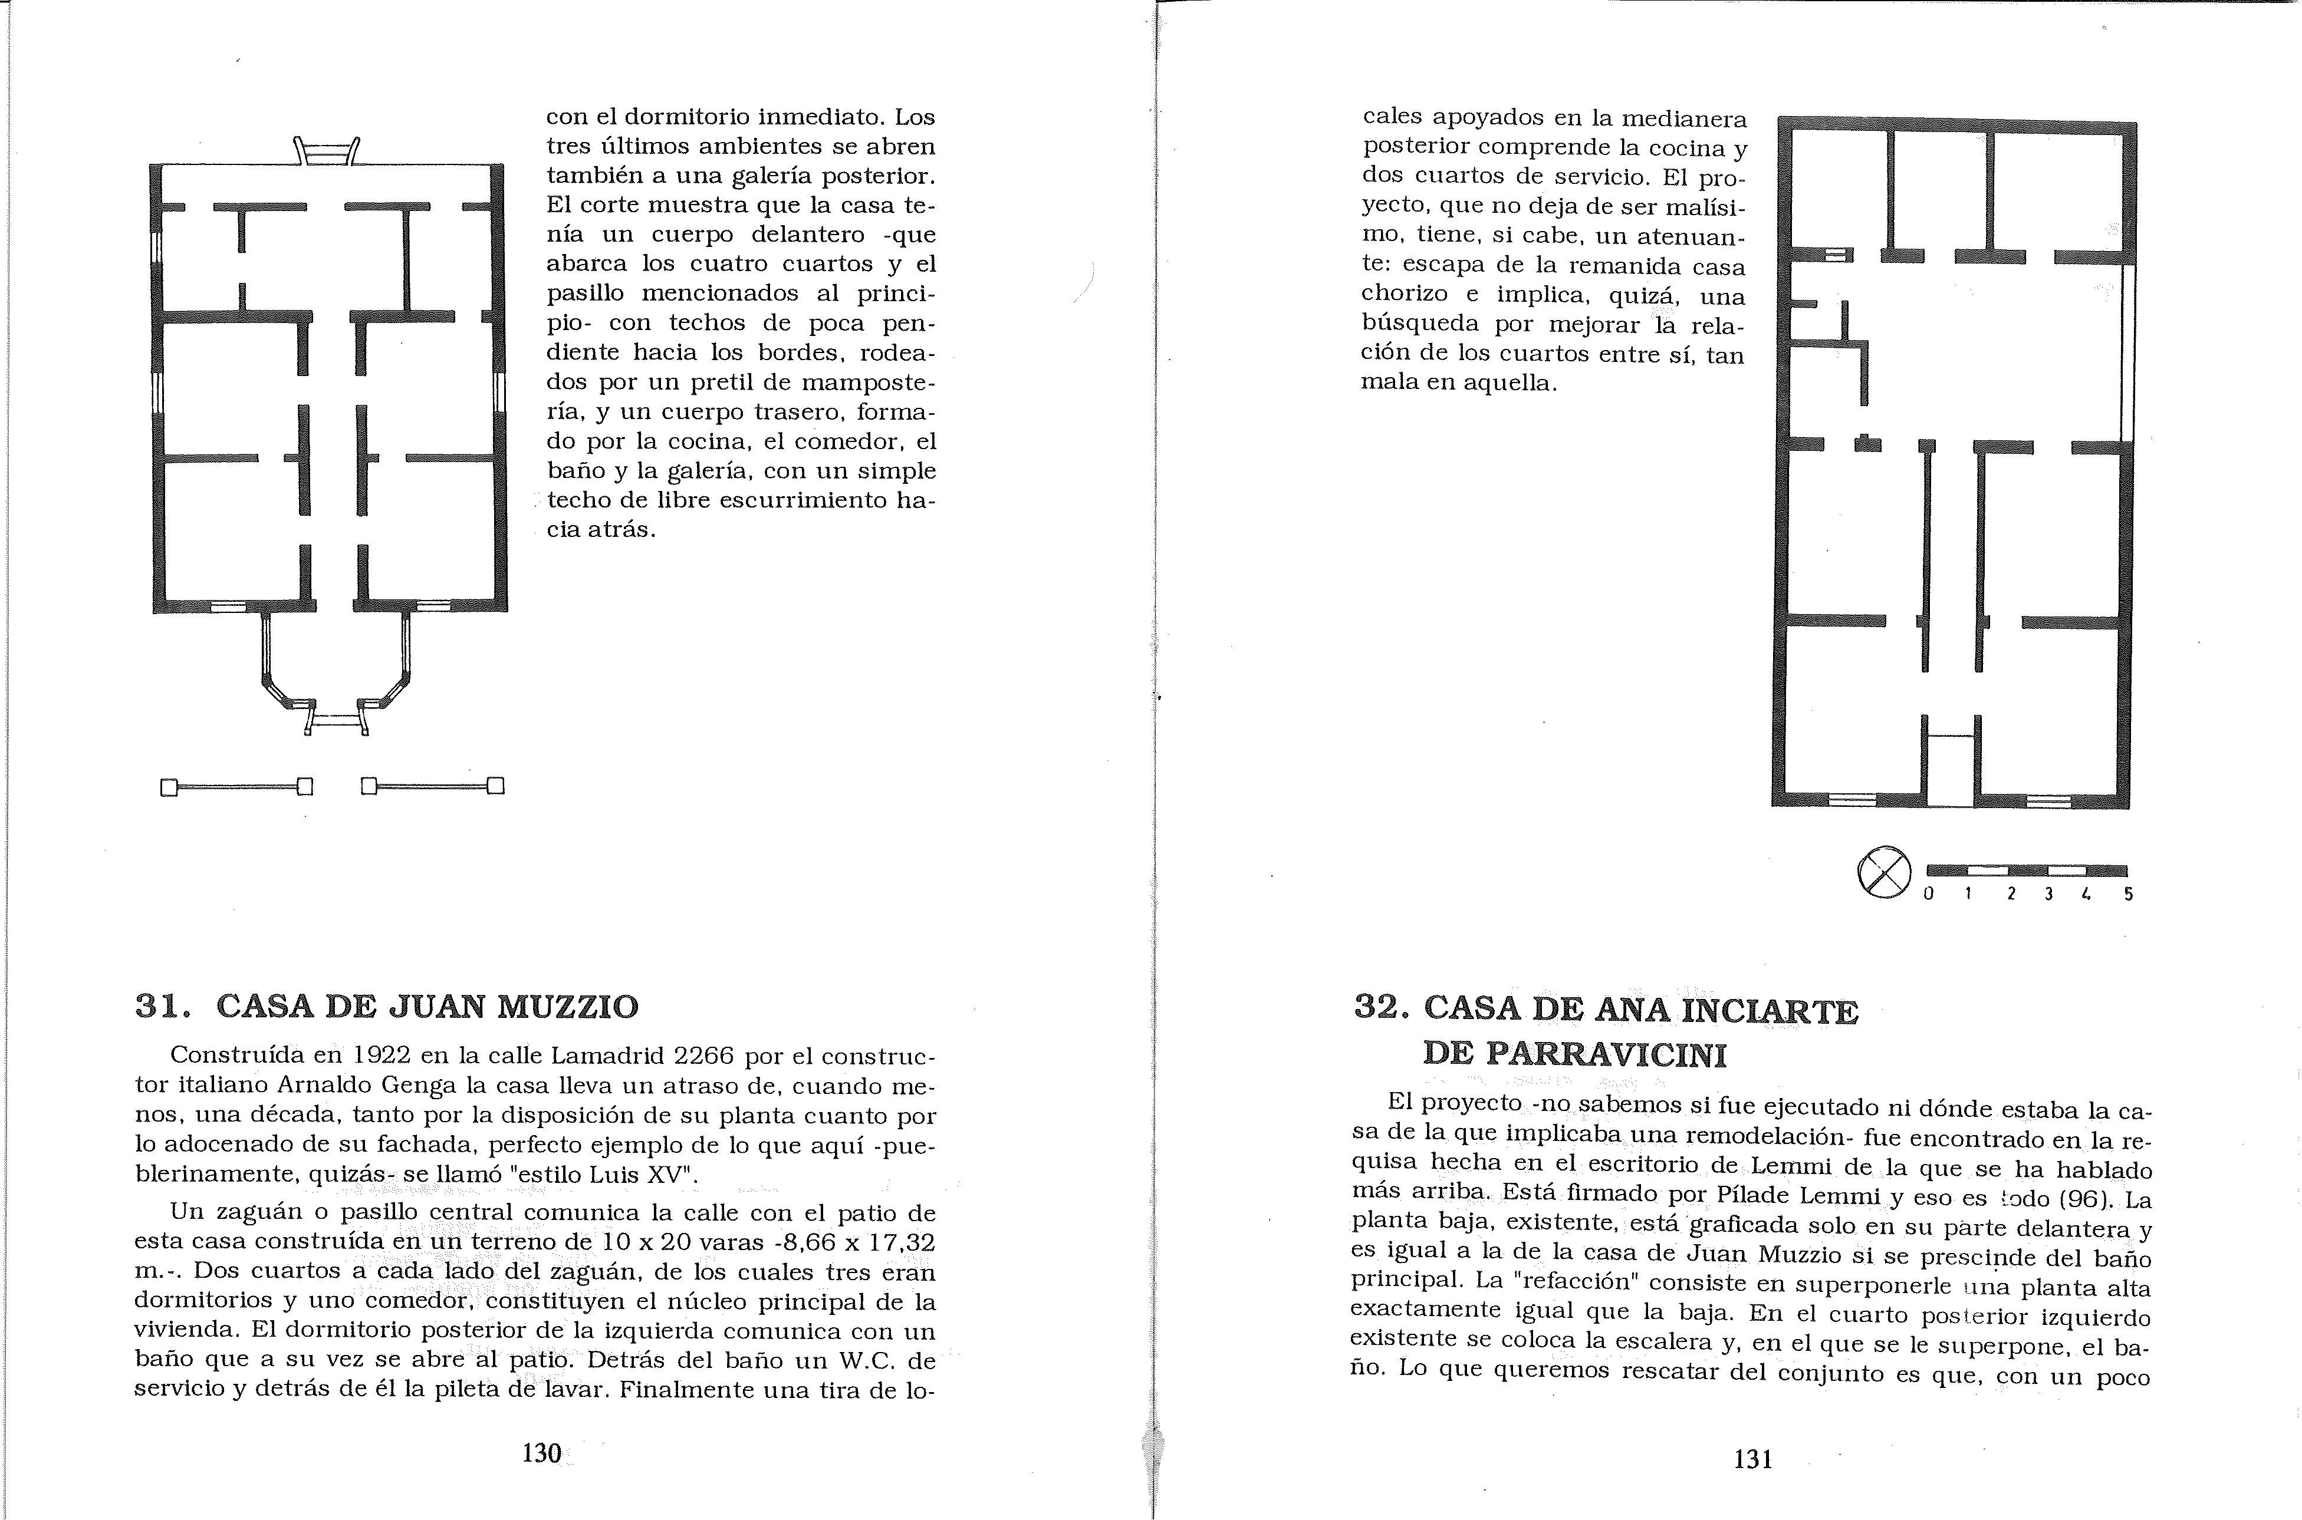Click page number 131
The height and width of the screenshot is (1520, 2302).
[x=1753, y=1458]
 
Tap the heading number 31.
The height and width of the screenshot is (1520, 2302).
[x=160, y=1006]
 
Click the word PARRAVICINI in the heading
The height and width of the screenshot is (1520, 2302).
[x=1575, y=1054]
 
